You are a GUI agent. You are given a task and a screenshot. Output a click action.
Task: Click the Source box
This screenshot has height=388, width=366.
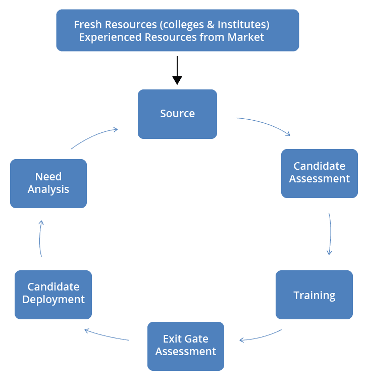coord(177,114)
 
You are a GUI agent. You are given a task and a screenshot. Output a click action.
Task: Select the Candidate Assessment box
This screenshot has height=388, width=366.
coord(319,173)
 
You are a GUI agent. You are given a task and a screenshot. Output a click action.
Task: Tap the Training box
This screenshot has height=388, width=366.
coord(314,295)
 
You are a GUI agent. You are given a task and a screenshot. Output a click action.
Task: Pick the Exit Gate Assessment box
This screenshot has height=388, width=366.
coord(185,346)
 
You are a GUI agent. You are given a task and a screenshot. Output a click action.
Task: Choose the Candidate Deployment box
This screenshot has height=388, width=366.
coord(53,294)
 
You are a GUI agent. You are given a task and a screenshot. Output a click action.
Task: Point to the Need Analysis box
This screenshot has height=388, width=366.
coord(48,183)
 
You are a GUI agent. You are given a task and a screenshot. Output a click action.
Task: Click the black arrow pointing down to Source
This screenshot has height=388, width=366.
coord(177,70)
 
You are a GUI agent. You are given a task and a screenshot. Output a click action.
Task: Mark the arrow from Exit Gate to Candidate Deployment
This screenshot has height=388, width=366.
coord(106,335)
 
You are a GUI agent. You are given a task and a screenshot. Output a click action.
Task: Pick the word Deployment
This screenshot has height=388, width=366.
coord(54,300)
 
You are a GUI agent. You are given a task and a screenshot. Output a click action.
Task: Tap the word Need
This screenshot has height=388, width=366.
coord(48,177)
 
